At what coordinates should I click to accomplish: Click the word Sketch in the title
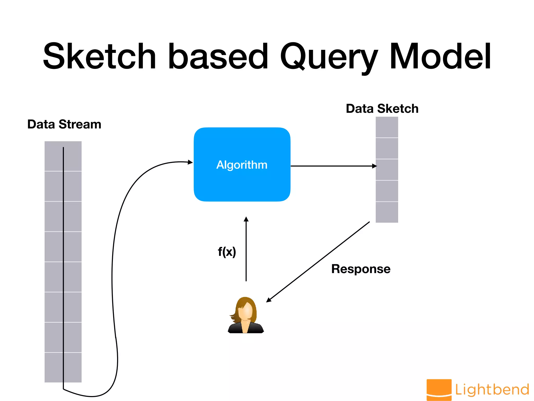99,57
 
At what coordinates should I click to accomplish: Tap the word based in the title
218,57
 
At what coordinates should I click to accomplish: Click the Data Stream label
64,124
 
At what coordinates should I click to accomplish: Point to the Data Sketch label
382,109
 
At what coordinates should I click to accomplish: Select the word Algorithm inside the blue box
242,165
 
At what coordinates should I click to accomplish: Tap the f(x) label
227,252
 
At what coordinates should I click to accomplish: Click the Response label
361,269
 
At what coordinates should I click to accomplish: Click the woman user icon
246,316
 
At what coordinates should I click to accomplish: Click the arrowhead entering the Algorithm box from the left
191,162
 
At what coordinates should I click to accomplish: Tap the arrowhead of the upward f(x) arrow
246,219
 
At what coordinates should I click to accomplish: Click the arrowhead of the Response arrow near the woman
269,300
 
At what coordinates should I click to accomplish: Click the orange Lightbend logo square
439,389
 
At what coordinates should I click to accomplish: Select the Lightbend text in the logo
492,390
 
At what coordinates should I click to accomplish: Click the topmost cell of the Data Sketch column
387,127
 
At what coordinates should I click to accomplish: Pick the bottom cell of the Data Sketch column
387,212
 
